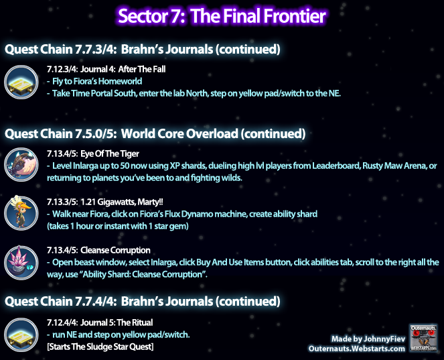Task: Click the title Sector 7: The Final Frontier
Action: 222,16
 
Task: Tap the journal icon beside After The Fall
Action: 21,82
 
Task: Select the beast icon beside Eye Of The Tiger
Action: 21,165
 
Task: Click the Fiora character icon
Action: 21,213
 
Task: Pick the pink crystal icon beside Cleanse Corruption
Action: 21,263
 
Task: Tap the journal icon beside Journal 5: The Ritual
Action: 21,335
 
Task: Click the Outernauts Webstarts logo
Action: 423,339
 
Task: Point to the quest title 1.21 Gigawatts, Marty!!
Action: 122,202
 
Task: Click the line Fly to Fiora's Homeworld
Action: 94,81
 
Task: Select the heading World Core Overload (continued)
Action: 213,134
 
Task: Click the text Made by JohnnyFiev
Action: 368,339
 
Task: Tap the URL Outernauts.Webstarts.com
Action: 357,349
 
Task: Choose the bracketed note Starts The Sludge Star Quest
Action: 100,347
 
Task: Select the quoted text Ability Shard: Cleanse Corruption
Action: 145,274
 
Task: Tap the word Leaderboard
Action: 336,166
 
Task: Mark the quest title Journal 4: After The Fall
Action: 123,69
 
